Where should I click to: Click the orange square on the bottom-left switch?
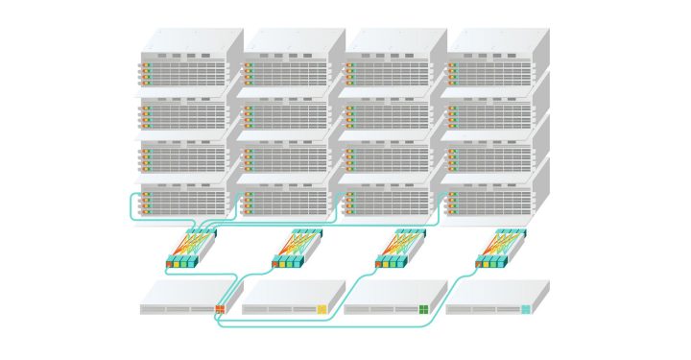[220, 309]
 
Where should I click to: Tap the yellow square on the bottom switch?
[322, 309]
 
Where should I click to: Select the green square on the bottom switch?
[423, 309]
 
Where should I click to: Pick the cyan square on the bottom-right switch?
[525, 309]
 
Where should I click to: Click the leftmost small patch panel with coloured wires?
[192, 249]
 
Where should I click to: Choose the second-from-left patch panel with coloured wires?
[297, 249]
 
